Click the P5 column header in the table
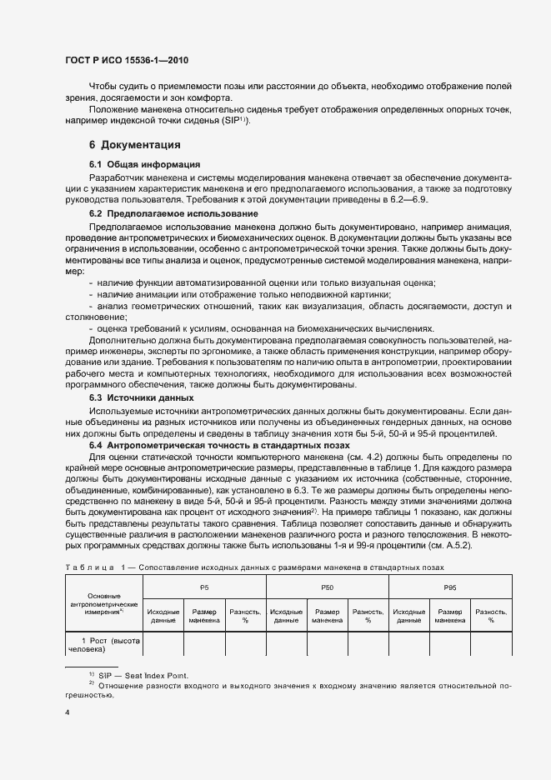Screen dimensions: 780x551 tap(204, 587)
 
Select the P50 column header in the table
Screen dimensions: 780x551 tap(327, 587)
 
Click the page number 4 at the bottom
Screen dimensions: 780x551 tap(67, 712)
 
